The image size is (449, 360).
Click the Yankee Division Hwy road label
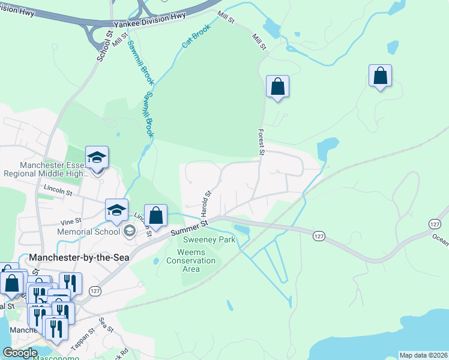pos(152,17)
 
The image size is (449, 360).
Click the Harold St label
pos(206,203)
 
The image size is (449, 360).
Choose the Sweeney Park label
pos(209,239)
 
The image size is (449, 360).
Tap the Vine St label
pos(70,221)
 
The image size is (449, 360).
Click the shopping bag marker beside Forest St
pos(277,86)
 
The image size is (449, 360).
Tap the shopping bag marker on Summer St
pos(155,216)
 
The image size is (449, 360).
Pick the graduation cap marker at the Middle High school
pos(97,158)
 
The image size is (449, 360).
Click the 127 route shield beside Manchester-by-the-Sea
pos(95,290)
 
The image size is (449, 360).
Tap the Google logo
pos(20,353)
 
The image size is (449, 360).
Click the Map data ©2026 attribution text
pos(423,355)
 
